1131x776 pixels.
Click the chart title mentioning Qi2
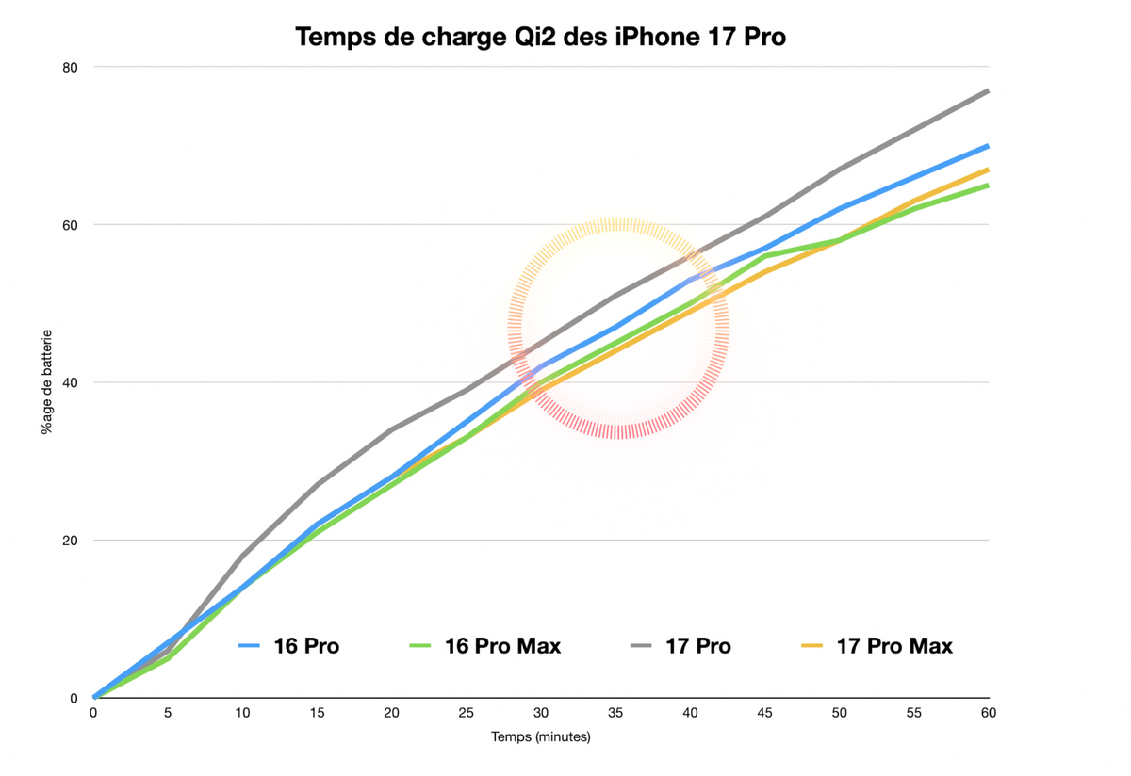(x=540, y=37)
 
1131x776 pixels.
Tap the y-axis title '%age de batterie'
(x=46, y=381)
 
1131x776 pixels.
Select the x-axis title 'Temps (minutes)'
(x=541, y=736)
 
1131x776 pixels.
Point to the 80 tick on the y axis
(x=71, y=67)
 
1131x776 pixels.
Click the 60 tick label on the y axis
(x=71, y=225)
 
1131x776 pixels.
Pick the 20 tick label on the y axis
(x=71, y=541)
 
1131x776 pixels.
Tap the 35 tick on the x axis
(x=615, y=713)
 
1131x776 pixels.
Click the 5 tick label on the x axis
(x=168, y=713)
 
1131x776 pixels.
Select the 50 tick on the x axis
(x=839, y=713)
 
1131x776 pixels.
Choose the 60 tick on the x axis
(x=988, y=713)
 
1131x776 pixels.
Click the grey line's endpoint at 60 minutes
(x=988, y=90)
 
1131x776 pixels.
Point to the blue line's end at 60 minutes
(x=988, y=146)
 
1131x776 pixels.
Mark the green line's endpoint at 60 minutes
(x=988, y=186)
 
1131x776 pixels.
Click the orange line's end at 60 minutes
(x=988, y=170)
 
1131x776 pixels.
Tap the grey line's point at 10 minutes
(x=242, y=556)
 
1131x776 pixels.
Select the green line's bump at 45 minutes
(x=764, y=255)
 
